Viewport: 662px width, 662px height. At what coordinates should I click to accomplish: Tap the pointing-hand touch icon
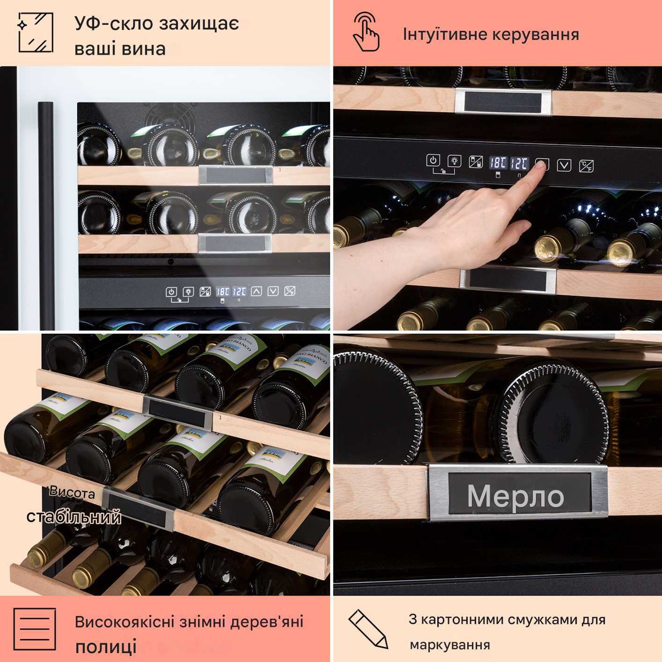point(366,32)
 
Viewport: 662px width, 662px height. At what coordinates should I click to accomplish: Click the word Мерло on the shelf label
point(515,496)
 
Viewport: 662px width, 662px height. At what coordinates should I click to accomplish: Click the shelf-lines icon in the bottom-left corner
point(35,629)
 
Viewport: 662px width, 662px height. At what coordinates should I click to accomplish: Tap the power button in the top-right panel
point(433,161)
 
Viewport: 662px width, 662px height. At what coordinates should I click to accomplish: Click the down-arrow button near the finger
point(564,165)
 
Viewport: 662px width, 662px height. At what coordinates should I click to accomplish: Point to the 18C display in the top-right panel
point(497,163)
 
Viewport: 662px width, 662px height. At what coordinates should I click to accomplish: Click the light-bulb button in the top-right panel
point(454,161)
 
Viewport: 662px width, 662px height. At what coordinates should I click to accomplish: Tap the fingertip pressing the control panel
point(541,166)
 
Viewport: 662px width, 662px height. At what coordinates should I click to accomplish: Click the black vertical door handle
point(46,215)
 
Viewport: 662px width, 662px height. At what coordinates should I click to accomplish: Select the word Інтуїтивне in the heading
point(445,35)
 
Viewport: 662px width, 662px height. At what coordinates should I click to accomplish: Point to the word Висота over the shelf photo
point(72,492)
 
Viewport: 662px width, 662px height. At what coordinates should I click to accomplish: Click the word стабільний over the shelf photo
point(74,517)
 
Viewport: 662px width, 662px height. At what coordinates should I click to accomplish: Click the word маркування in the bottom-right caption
point(450,645)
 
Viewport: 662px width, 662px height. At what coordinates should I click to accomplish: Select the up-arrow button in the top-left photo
point(256,291)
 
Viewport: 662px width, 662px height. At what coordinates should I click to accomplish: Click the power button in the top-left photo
point(171,292)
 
